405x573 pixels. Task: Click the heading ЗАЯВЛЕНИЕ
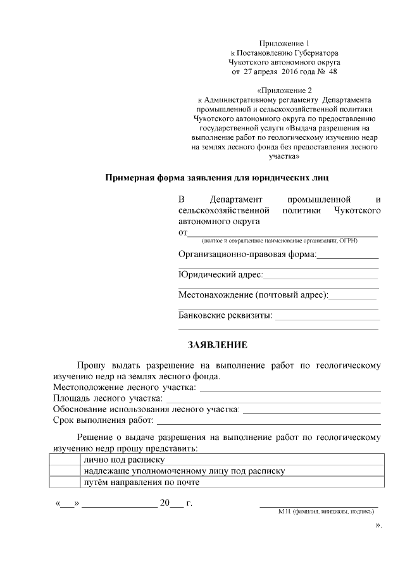(218, 345)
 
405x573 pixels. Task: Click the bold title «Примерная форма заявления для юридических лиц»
(217, 177)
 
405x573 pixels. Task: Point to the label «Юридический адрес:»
(220, 274)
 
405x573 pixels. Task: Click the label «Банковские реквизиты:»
(225, 315)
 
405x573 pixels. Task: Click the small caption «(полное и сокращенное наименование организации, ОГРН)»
(280, 241)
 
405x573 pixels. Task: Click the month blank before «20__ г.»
(120, 505)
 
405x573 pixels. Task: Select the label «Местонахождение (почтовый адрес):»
(253, 295)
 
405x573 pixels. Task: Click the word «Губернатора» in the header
(312, 53)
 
